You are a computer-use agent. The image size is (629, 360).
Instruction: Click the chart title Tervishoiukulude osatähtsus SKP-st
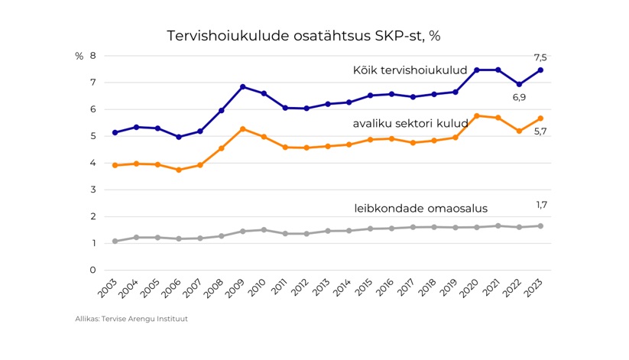303,36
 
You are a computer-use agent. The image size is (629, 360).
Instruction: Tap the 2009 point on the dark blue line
242,86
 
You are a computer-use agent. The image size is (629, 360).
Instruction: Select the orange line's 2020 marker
477,115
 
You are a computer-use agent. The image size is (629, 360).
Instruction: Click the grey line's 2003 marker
115,241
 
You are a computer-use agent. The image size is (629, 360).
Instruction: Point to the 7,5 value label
540,57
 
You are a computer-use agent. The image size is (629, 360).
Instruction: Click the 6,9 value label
519,98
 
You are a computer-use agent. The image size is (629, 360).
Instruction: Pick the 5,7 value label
540,131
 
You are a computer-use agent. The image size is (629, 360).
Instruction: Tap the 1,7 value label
541,205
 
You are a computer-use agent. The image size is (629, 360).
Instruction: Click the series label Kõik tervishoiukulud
410,70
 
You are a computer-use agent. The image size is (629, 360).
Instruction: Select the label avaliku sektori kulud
410,124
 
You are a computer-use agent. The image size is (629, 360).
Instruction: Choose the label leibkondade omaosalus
420,208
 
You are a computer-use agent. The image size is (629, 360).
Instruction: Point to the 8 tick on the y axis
92,56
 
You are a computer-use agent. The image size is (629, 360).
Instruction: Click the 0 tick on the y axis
92,270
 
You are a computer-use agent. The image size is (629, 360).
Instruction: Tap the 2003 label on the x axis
109,289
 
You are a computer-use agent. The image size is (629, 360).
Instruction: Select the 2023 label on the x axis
535,289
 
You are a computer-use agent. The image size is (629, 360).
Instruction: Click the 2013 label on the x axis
323,289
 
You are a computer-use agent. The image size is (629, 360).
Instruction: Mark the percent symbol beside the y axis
79,56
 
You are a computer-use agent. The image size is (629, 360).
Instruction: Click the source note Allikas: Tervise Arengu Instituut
131,319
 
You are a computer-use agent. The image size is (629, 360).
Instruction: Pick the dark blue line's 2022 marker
520,84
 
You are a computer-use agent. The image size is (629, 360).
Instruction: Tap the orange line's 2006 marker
179,170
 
